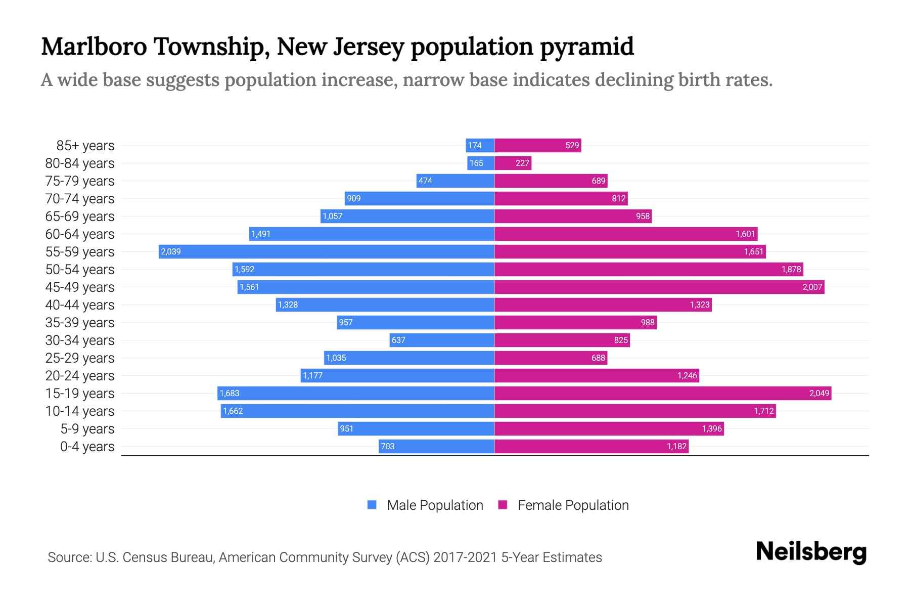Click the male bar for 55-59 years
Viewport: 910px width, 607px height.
326,251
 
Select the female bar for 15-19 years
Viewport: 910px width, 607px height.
662,393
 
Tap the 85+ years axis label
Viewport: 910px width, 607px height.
85,146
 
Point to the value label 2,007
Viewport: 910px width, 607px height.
812,287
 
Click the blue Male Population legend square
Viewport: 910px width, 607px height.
372,505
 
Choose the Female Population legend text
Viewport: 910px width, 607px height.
573,505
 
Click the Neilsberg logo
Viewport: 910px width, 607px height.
811,552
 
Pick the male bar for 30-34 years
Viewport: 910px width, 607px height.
442,340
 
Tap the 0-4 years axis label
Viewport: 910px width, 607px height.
87,447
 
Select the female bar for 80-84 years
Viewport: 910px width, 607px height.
513,163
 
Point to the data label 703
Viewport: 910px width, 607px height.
387,446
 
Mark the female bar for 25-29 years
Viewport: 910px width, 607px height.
550,358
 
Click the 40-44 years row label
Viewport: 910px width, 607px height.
80,305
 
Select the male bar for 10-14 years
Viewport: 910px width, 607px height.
357,411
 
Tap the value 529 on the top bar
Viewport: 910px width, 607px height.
572,145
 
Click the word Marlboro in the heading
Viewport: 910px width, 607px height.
94,47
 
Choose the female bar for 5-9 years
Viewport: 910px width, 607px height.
609,428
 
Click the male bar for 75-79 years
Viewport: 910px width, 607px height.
455,181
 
